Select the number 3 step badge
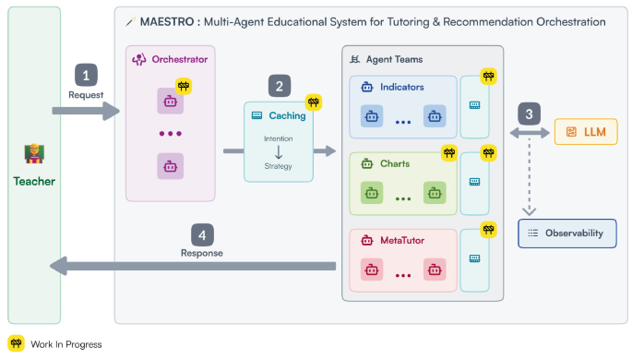tap(530, 114)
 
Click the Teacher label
tap(34, 181)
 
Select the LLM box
tap(585, 133)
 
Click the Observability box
tap(566, 234)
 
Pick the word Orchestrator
tap(181, 60)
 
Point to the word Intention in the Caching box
tap(278, 138)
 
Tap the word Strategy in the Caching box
tap(278, 165)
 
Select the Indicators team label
tap(402, 87)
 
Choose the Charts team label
tap(394, 164)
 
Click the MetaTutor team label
tap(402, 241)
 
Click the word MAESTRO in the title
tap(165, 21)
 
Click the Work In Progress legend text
tap(66, 343)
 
